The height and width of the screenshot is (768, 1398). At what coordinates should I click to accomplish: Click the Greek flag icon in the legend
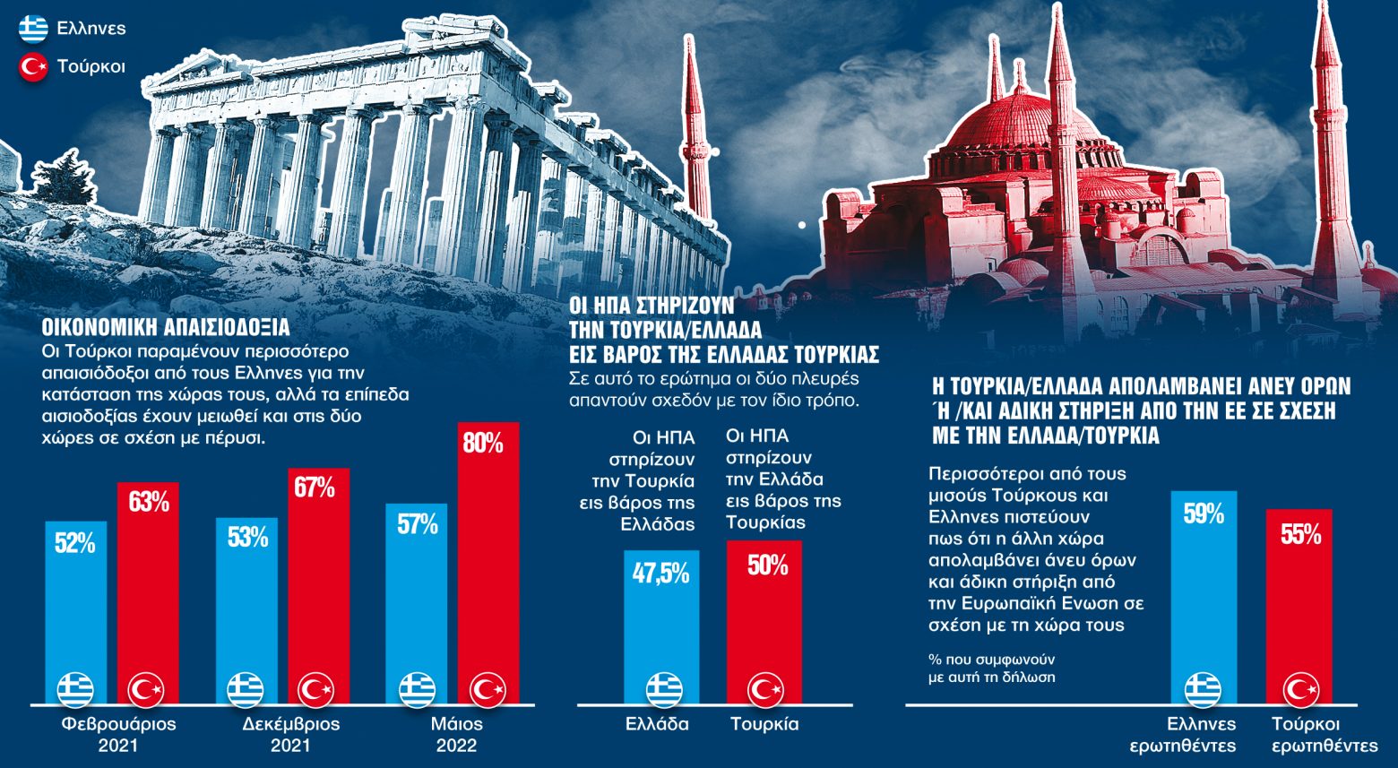tap(34, 29)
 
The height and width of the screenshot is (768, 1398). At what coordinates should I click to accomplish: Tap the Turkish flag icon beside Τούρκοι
tap(34, 67)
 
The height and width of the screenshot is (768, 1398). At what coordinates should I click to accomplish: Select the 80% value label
tap(483, 443)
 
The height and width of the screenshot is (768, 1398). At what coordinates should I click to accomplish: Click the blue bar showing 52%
tap(76, 609)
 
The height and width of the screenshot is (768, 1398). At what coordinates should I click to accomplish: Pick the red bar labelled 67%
tap(318, 582)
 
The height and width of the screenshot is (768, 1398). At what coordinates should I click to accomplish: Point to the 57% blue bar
tap(417, 600)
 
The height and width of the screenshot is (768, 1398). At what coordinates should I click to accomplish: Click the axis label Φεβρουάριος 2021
tap(118, 734)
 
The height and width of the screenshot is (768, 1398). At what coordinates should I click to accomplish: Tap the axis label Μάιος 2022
tap(456, 734)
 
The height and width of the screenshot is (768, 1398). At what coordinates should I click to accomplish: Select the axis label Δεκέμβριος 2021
tap(291, 734)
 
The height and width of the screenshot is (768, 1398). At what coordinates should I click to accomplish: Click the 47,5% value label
tap(661, 573)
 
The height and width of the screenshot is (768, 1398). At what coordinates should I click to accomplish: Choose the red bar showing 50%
tap(764, 618)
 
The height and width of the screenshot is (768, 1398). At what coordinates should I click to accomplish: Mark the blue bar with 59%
tap(1204, 591)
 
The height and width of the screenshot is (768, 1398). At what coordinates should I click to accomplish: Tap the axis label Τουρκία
tap(764, 724)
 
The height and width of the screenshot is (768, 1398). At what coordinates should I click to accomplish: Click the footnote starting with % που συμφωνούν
tap(992, 667)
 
